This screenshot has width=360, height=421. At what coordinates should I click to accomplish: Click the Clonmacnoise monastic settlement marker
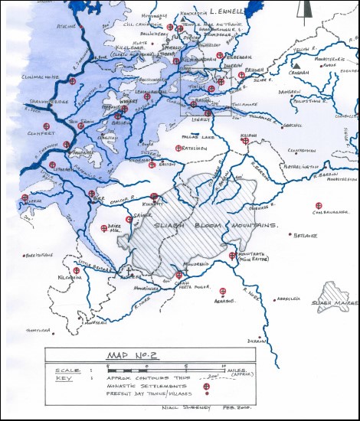(x=72, y=80)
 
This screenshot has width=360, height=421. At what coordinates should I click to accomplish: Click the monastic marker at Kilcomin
(x=77, y=270)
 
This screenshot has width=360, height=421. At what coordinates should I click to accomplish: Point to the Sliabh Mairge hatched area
(x=334, y=292)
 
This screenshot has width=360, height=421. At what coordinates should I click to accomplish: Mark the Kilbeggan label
(x=231, y=57)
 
